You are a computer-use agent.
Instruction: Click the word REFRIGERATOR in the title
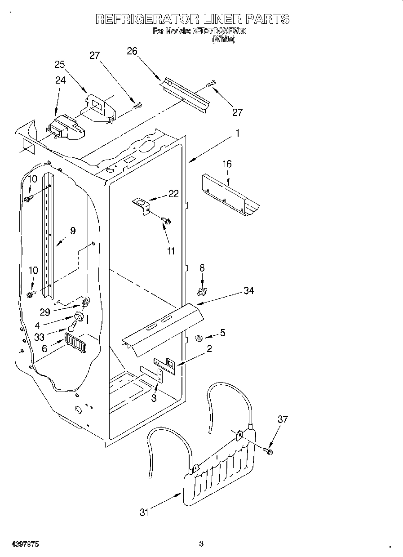(x=147, y=19)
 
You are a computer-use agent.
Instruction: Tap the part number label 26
(x=132, y=51)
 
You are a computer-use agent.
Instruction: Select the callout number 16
(x=227, y=164)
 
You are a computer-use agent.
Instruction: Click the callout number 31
(x=144, y=512)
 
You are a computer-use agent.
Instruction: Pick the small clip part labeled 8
(x=202, y=292)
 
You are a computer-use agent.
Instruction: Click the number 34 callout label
(x=249, y=291)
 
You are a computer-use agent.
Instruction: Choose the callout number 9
(x=73, y=231)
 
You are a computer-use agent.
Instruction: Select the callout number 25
(x=60, y=64)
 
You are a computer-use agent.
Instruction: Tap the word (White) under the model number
(x=223, y=40)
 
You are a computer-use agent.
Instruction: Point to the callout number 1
(x=238, y=133)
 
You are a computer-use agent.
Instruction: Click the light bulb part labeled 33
(x=72, y=327)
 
